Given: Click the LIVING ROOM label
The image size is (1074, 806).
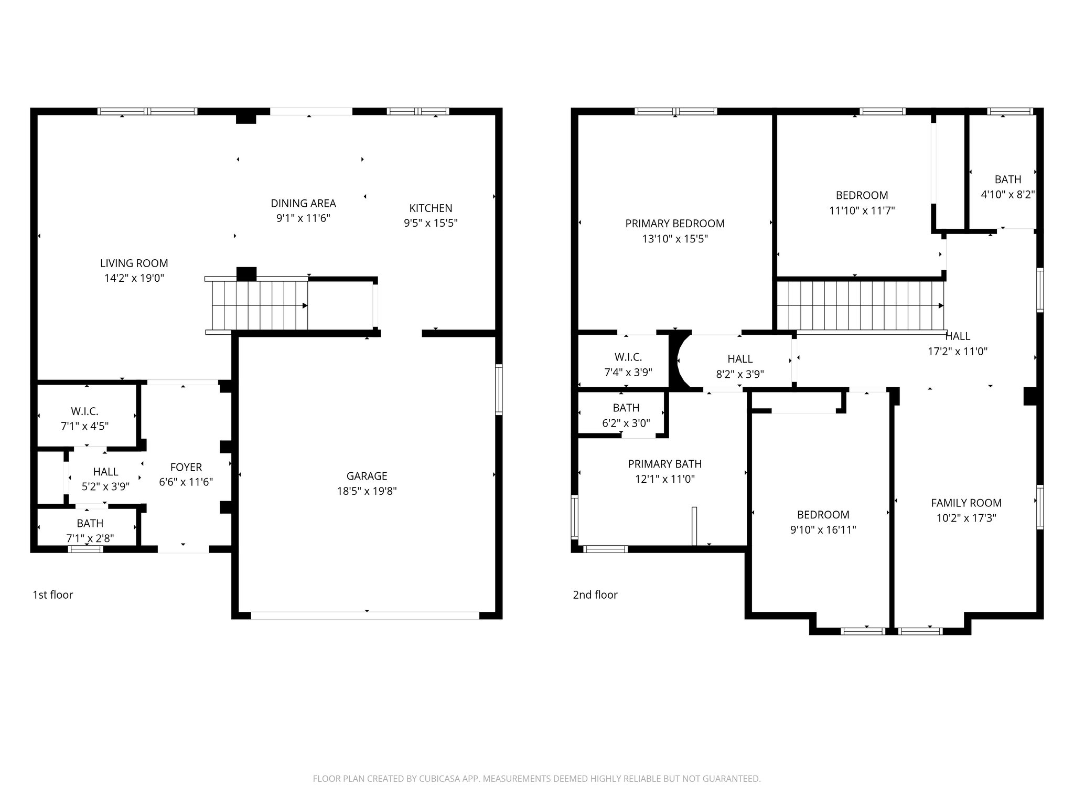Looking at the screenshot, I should point(134,263).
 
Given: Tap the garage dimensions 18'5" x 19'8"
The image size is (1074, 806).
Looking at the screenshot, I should point(367,491).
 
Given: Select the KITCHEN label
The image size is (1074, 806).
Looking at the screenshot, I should point(431,208).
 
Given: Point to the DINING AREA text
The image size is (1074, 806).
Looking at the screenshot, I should point(303,204).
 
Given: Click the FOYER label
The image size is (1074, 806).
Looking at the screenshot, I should point(186,467).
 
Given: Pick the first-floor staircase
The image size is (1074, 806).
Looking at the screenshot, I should point(260,305).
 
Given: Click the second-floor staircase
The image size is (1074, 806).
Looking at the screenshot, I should point(860,305).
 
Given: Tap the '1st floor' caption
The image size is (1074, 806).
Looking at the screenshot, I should point(52,595).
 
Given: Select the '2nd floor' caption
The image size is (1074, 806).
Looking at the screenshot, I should point(595,595).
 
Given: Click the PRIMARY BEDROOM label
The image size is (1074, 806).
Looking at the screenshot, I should point(675,224).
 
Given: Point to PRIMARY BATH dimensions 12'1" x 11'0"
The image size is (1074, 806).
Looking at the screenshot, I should point(664,479).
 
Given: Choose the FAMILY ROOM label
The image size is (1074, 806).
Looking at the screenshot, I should point(966,503).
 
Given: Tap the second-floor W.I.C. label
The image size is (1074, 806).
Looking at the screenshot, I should point(628,357).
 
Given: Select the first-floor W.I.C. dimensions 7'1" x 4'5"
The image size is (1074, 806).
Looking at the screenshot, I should point(84,426).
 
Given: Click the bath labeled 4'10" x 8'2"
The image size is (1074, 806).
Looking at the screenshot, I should point(1007,187).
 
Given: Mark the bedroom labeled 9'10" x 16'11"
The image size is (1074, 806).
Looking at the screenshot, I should point(823,522).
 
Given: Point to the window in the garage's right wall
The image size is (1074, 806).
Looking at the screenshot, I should point(499,390).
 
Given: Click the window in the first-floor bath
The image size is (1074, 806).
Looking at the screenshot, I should point(85,549).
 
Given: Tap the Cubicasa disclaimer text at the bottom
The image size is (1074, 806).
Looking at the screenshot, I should point(536,779).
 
